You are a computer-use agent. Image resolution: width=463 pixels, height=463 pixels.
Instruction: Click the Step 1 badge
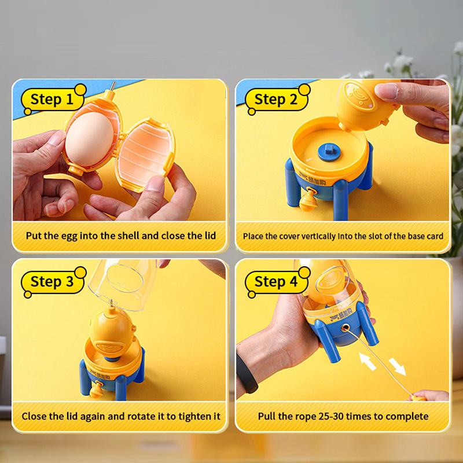pyautogui.click(x=53, y=99)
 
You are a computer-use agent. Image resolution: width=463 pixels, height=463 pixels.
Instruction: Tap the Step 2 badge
pyautogui.click(x=277, y=99)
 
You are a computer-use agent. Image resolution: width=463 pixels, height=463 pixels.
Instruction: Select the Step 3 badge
pyautogui.click(x=53, y=282)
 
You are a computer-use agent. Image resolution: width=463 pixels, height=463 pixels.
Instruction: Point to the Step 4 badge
pyautogui.click(x=277, y=282)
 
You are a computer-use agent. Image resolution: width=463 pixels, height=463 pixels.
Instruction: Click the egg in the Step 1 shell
pyautogui.click(x=90, y=139)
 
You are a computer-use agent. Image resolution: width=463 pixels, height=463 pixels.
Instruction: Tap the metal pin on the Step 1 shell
pyautogui.click(x=112, y=86)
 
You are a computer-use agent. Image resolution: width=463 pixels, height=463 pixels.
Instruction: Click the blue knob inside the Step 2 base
pyautogui.click(x=329, y=152)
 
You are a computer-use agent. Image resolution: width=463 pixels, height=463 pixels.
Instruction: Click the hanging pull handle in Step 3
pyautogui.click(x=96, y=390)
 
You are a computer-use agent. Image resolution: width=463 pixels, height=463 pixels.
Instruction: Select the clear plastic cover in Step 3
pyautogui.click(x=123, y=284)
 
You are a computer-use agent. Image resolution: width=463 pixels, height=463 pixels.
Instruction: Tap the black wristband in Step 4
pyautogui.click(x=247, y=373)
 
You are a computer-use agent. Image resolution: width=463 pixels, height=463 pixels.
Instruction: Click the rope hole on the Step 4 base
pyautogui.click(x=344, y=328)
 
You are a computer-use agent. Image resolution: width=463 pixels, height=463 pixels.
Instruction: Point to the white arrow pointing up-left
pyautogui.click(x=368, y=361)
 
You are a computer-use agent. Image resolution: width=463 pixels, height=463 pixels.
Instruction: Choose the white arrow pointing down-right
pyautogui.click(x=397, y=367)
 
